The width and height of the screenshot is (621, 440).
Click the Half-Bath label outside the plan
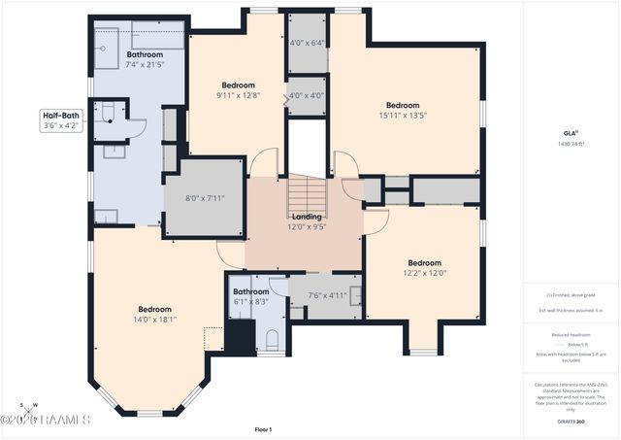pyautogui.click(x=60, y=116)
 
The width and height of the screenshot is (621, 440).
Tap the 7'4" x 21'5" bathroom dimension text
pyautogui.click(x=145, y=65)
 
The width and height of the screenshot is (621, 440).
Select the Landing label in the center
pyautogui.click(x=307, y=216)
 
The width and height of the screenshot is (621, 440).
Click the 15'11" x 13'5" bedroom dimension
pyautogui.click(x=403, y=116)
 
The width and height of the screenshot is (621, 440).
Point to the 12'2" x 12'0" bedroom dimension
pyautogui.click(x=424, y=273)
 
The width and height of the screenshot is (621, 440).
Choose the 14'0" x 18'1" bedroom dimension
pyautogui.click(x=155, y=319)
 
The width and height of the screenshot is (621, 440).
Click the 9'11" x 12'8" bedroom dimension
pyautogui.click(x=237, y=95)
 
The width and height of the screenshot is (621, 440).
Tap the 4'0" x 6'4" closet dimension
pyautogui.click(x=307, y=43)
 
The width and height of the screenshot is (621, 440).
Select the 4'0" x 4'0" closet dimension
pyautogui.click(x=307, y=95)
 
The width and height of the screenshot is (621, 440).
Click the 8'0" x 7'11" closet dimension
pyautogui.click(x=205, y=199)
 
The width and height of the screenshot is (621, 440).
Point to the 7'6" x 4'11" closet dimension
pyautogui.click(x=327, y=295)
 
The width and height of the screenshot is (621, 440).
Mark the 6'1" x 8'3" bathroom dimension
pyautogui.click(x=250, y=302)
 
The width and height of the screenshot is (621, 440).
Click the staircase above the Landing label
pyautogui.click(x=310, y=192)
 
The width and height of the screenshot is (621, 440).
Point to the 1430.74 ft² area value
pyautogui.click(x=572, y=143)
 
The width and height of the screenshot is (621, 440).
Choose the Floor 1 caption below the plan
pyautogui.click(x=263, y=429)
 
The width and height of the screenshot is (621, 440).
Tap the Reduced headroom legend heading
pyautogui.click(x=572, y=333)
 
